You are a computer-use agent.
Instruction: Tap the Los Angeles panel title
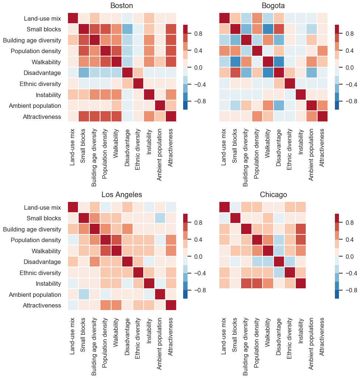(x=122, y=195)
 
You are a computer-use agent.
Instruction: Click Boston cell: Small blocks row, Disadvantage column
(x=127, y=29)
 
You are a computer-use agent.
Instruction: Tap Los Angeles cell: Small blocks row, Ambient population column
(x=160, y=218)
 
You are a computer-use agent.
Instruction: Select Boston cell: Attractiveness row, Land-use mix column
(x=73, y=116)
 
